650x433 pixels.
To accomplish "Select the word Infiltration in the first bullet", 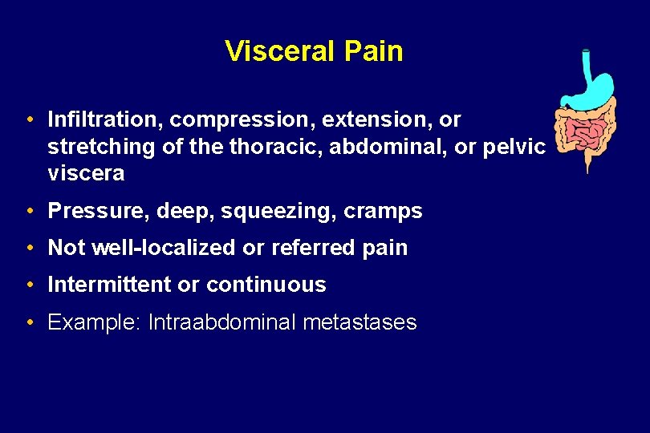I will (x=105, y=120).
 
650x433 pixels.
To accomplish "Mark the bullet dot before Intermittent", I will (x=29, y=285).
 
